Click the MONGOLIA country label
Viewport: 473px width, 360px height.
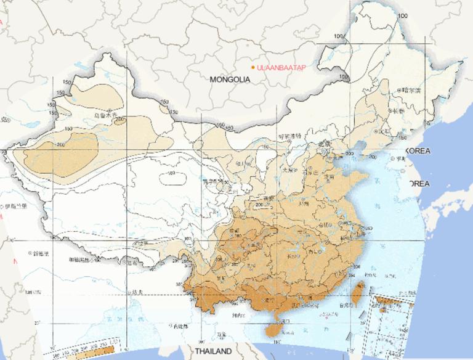pyautogui.click(x=230, y=80)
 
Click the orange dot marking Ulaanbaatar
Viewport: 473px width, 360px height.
pyautogui.click(x=253, y=67)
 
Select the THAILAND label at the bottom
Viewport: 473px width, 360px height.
pyautogui.click(x=214, y=351)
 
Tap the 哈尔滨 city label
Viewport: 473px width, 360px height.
pyautogui.click(x=410, y=91)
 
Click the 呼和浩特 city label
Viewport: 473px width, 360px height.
pyautogui.click(x=289, y=136)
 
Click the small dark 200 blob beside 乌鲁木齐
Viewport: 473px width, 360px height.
pyautogui.click(x=118, y=120)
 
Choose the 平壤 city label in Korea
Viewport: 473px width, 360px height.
pyautogui.click(x=401, y=158)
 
